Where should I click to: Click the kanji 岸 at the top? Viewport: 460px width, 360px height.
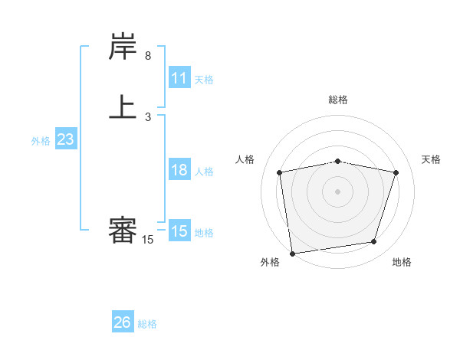tap(123, 48)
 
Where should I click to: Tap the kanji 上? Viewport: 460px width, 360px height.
tap(123, 106)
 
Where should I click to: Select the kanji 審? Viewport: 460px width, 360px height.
tap(123, 231)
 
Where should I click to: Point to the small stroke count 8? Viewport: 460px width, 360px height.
tap(148, 56)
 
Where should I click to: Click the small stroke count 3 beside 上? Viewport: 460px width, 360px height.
tap(148, 117)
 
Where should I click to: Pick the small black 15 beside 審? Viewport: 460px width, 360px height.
tap(148, 241)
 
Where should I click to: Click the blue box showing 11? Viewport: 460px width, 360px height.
tap(179, 78)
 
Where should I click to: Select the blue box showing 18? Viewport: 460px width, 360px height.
tap(179, 170)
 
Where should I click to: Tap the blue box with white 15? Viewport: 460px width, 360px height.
tap(179, 231)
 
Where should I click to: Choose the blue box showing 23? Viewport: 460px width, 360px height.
tap(65, 140)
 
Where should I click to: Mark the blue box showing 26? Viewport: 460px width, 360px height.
tap(122, 322)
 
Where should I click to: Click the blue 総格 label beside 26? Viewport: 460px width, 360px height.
tap(147, 324)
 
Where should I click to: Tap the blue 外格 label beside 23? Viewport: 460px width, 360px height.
tap(41, 141)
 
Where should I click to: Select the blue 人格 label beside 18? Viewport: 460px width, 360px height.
tap(204, 172)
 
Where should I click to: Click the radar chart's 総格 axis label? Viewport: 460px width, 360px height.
tap(337, 100)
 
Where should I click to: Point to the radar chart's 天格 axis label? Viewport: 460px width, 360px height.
tap(432, 159)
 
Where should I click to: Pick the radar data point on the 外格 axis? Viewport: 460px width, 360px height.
tap(292, 253)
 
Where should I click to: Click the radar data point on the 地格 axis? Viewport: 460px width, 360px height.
tap(374, 242)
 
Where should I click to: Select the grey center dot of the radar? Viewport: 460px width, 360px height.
tap(337, 191)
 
